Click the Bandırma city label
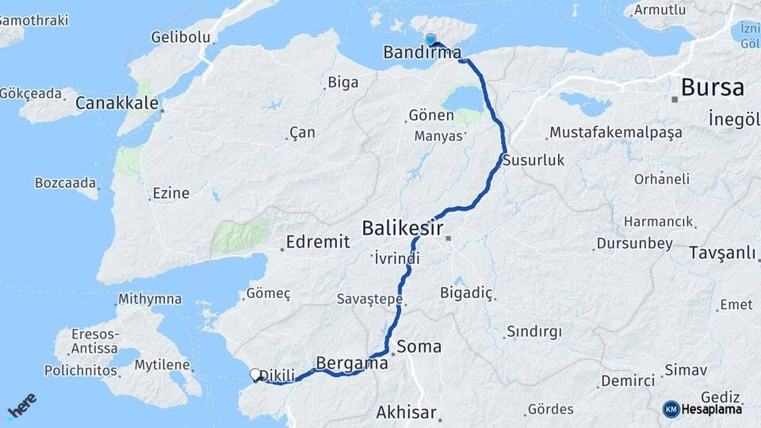coord(421,53)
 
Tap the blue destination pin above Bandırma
coord(430,39)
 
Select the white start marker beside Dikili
coord(255,375)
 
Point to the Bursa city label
coord(712,87)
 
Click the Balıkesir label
coord(402,228)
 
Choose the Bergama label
coord(352,363)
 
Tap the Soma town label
coord(419,346)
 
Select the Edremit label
coord(318,243)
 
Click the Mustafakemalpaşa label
coord(615,132)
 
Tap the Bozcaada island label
coord(65,182)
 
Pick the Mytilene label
coord(163,365)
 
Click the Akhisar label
coord(406,412)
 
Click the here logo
coord(21,407)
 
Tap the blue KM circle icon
coord(671,409)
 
